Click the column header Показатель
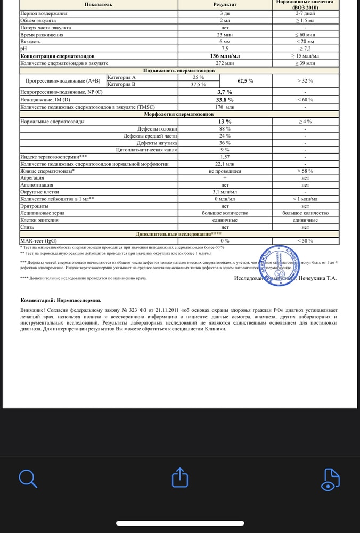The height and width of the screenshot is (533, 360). pos(99,4)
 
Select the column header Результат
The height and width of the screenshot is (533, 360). pos(225,4)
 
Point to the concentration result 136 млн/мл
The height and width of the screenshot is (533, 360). pos(225,56)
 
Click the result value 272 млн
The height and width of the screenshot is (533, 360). pos(225,63)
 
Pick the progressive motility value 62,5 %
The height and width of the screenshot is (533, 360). pos(245,80)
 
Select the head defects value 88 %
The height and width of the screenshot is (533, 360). pos(225,128)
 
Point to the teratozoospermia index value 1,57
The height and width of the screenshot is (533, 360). pos(225,157)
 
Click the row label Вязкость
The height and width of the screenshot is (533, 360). pos(30,41)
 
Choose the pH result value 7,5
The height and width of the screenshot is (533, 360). pos(225,49)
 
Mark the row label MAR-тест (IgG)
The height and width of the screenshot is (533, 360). pos(38,241)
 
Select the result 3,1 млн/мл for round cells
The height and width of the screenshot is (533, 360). pos(225,192)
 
